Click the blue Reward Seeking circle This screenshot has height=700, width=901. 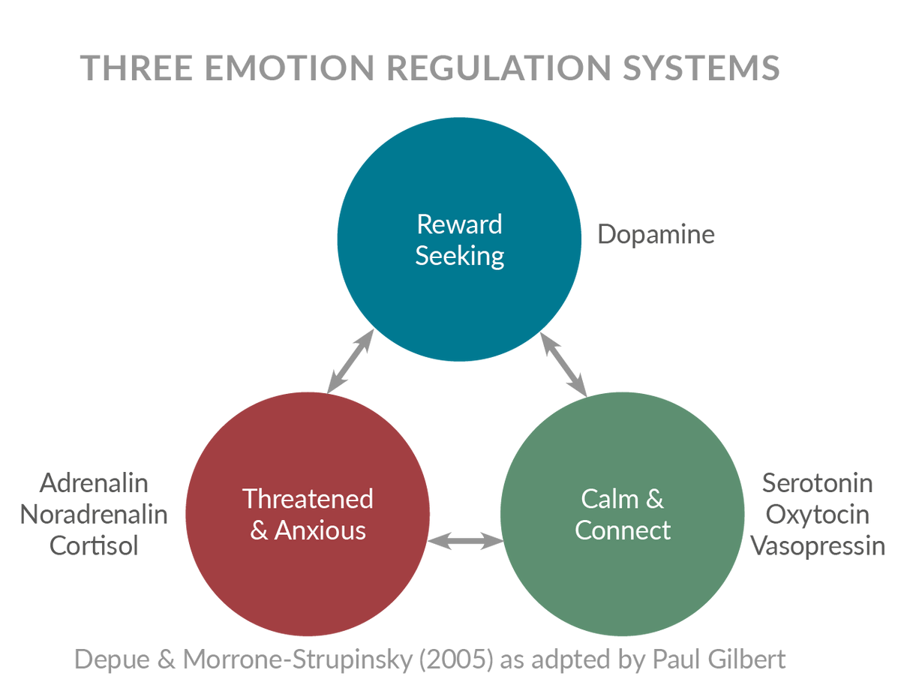click(459, 240)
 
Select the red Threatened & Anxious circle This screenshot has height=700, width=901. click(308, 514)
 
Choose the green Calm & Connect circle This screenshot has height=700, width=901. click(622, 514)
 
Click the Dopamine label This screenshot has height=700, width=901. click(656, 235)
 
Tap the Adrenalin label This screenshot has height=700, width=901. click(94, 482)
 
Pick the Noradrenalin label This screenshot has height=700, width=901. click(94, 515)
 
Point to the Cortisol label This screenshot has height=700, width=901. click(94, 546)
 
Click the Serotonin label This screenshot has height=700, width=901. click(818, 482)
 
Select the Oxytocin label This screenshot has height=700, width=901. click(818, 515)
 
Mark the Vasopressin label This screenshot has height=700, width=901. click(818, 546)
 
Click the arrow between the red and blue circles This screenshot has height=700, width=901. click(351, 361)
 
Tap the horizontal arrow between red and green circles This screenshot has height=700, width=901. click(465, 540)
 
